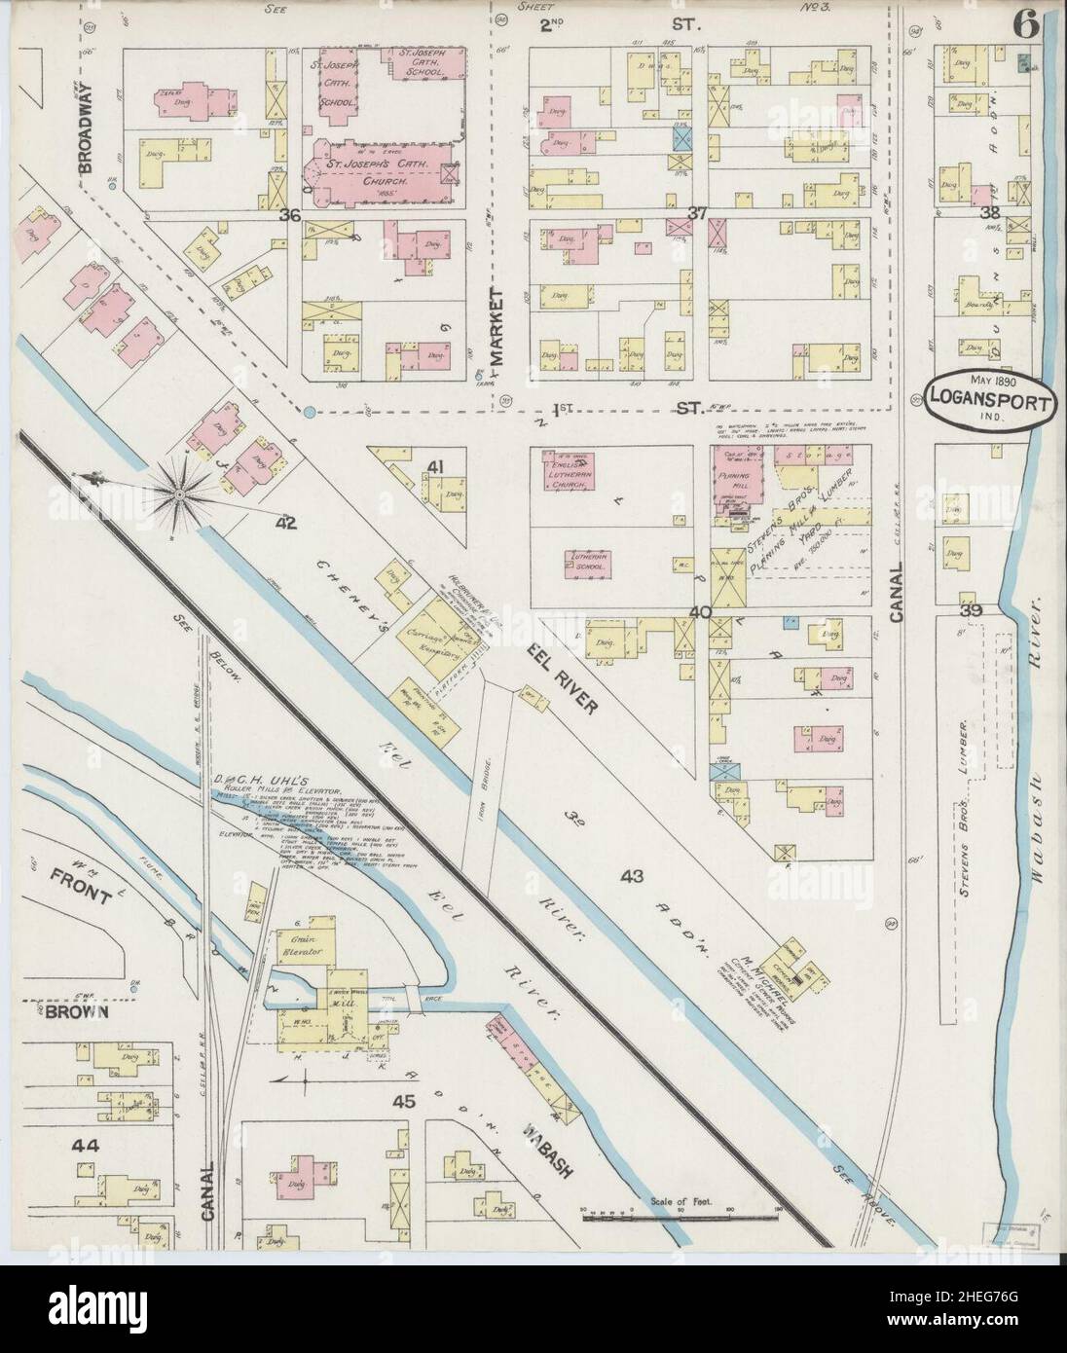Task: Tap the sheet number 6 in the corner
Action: coord(1024,27)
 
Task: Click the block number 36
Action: coord(288,215)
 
